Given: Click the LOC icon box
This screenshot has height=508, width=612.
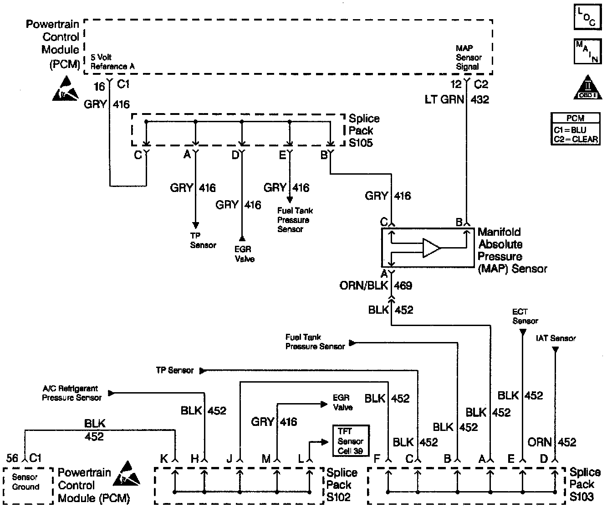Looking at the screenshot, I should (x=586, y=18).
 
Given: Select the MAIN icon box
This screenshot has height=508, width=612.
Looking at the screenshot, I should (x=586, y=52).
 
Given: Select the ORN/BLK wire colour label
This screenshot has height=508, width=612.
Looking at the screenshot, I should (x=363, y=285).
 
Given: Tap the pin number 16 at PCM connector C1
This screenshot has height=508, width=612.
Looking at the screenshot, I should (x=99, y=86).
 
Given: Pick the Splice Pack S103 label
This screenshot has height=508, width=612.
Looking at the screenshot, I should (x=585, y=484).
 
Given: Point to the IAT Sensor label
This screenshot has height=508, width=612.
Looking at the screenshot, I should (x=556, y=338).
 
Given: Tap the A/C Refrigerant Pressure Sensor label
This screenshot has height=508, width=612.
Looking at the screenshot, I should (x=71, y=393).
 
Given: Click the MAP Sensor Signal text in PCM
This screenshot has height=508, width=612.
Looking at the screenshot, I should (x=469, y=57).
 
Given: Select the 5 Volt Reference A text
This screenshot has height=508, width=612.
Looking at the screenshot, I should (x=112, y=62).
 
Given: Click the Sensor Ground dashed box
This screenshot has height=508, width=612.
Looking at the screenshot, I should (x=25, y=484).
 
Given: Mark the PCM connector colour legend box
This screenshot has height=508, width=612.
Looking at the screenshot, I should (x=575, y=130).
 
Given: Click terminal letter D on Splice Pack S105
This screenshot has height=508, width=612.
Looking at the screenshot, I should (x=235, y=156).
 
